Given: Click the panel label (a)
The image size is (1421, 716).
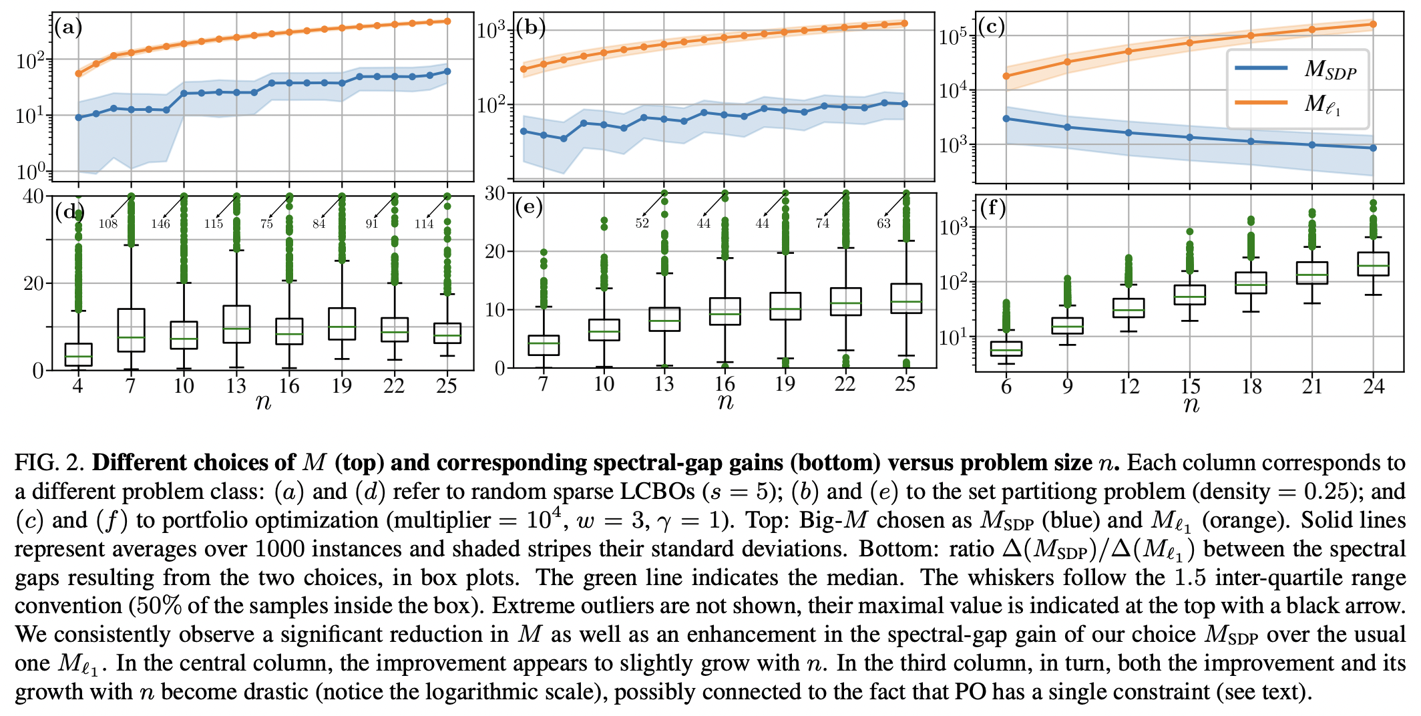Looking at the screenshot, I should tap(68, 27).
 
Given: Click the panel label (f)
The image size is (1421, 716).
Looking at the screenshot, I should tap(992, 208).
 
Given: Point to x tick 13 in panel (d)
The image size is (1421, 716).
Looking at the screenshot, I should tap(236, 386).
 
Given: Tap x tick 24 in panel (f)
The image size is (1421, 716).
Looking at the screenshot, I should tap(1373, 386).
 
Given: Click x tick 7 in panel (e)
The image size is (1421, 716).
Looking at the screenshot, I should tap(543, 384).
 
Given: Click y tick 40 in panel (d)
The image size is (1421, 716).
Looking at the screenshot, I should tap(33, 196).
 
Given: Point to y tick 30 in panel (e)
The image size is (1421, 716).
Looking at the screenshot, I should tap(495, 194).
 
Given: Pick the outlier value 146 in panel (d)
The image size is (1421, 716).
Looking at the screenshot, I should tap(160, 224).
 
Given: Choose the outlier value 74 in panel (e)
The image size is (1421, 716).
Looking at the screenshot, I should tap(822, 223).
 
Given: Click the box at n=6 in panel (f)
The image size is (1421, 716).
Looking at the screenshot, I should tap(1006, 349).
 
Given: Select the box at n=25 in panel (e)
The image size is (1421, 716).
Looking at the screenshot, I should tap(905, 299).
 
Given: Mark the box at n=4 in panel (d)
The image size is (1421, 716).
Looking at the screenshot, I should tap(78, 355).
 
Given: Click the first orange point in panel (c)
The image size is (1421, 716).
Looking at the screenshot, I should tap(1006, 76).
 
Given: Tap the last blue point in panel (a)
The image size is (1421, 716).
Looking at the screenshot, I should tap(447, 71).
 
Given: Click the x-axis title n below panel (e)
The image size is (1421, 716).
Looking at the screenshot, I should tap(725, 402).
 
